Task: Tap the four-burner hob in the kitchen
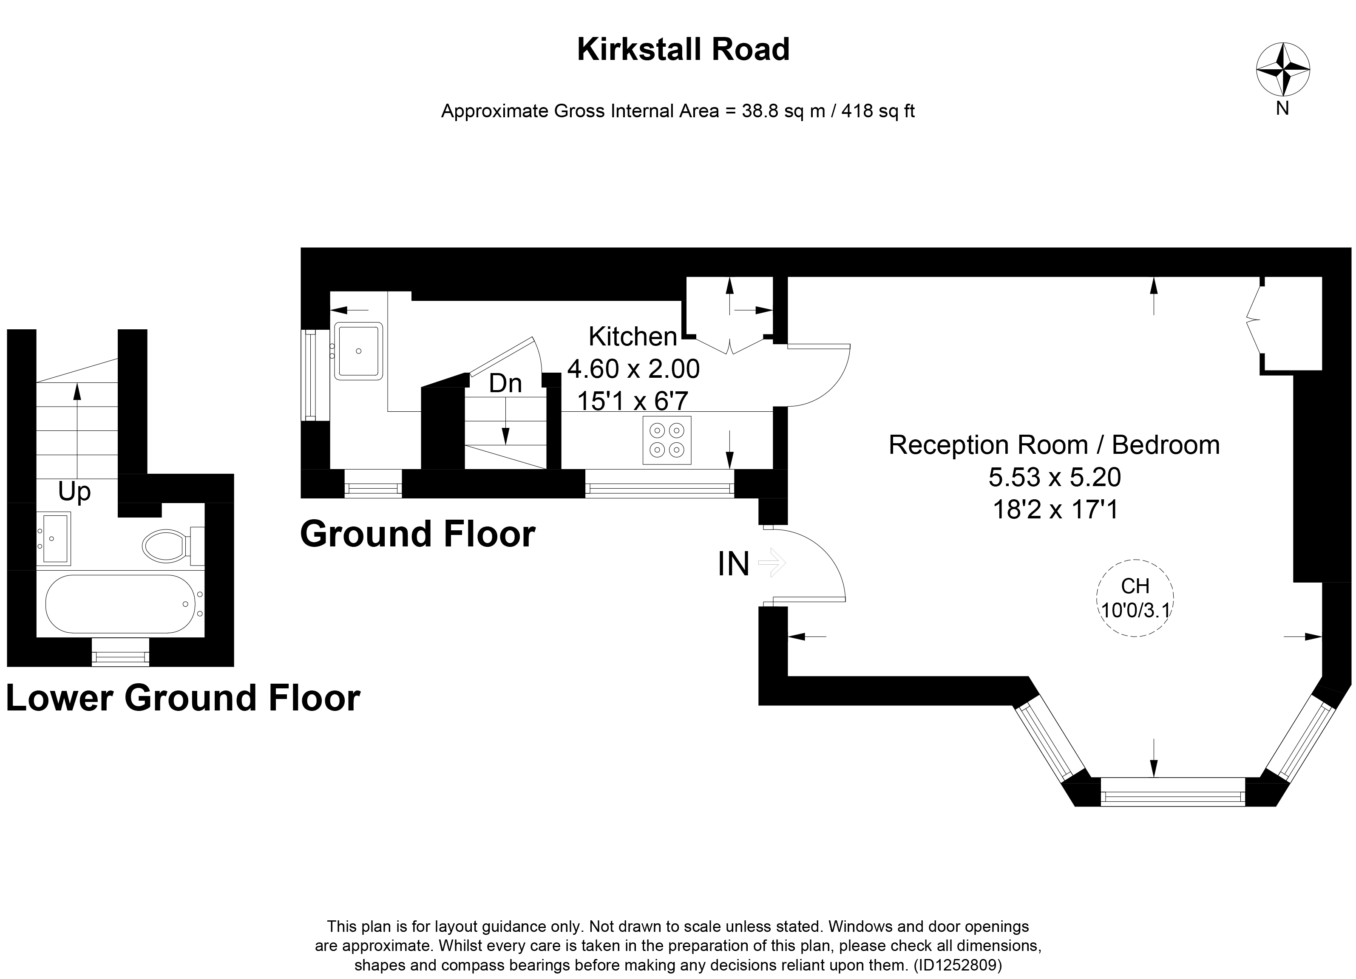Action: (x=667, y=440)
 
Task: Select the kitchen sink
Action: (x=358, y=351)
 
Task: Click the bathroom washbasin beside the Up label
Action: (x=54, y=538)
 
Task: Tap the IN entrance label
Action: (x=733, y=563)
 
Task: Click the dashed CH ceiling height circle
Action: (x=1135, y=598)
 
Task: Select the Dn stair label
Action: (x=505, y=384)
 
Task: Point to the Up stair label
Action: (x=74, y=492)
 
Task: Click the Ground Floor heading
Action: (x=417, y=534)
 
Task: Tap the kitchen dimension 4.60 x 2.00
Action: (x=633, y=369)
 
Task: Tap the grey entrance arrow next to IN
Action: (x=772, y=563)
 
